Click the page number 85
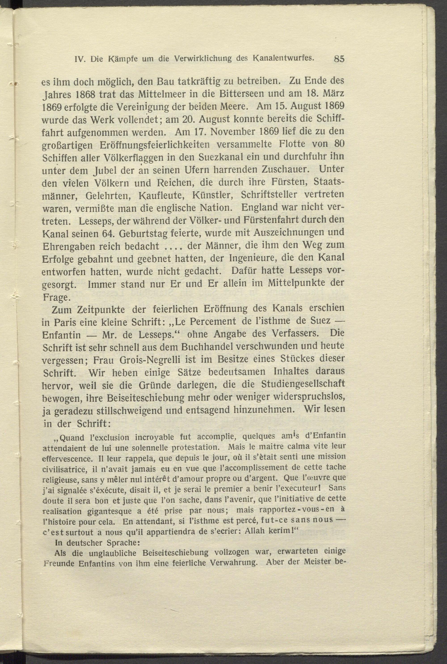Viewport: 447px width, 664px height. click(x=339, y=59)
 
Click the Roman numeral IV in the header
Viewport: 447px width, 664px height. click(x=79, y=59)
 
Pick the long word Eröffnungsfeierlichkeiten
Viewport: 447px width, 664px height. click(x=155, y=145)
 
